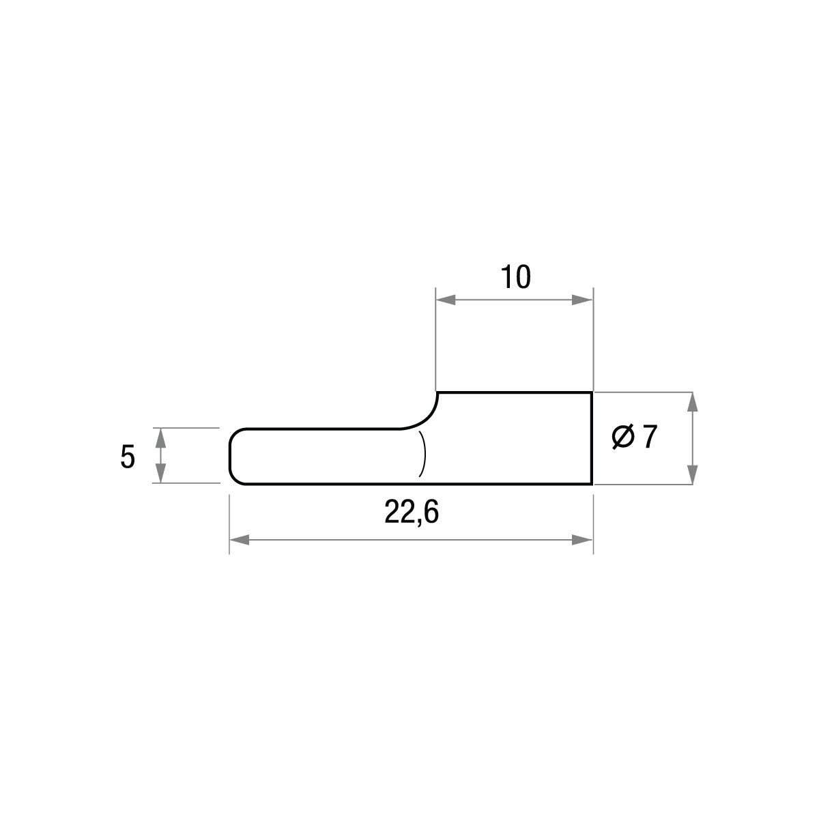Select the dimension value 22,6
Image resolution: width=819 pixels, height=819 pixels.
[412, 512]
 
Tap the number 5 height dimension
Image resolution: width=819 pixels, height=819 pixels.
[128, 457]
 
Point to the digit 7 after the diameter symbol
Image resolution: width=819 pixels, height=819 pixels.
[650, 437]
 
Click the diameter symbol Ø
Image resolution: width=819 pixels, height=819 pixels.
[623, 437]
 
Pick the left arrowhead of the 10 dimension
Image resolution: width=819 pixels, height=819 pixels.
[446, 300]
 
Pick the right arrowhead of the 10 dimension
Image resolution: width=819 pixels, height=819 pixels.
[582, 300]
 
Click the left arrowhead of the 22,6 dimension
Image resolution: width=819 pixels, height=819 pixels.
[240, 540]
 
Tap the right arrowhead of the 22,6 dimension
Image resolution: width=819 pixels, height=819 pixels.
[582, 540]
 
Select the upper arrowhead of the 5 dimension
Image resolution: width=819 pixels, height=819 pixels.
[160, 437]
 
